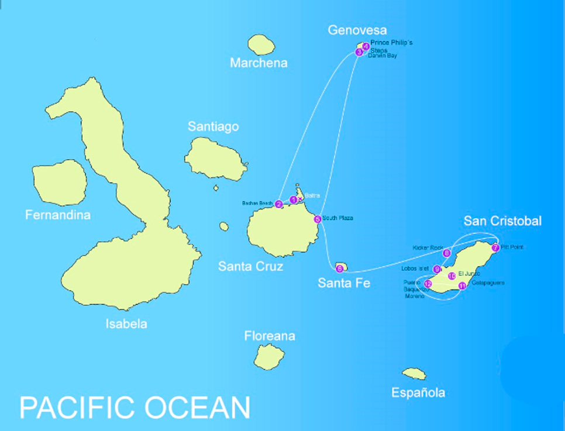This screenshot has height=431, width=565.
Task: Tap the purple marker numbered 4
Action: (x=366, y=46)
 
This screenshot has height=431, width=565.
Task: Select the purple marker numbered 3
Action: (x=359, y=53)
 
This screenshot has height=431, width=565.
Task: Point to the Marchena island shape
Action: (x=261, y=44)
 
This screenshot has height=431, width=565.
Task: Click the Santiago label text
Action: (x=213, y=127)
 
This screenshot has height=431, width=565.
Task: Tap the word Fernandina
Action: (x=58, y=215)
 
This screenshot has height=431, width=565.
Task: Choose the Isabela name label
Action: (x=126, y=323)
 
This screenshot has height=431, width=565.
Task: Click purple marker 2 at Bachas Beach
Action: (x=279, y=204)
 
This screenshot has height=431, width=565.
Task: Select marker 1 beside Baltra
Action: (x=294, y=200)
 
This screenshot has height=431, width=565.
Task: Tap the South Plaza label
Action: (x=337, y=219)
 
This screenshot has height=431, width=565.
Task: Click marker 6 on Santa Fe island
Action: (x=339, y=269)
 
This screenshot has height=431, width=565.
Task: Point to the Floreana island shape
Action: (x=269, y=356)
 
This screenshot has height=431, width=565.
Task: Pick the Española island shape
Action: (x=414, y=373)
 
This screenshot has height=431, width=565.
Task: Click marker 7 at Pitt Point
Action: (x=495, y=247)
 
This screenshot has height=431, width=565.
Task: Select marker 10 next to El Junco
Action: (x=452, y=276)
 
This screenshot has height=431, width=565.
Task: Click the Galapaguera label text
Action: (x=488, y=283)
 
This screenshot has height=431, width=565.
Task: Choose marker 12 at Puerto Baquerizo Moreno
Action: (x=428, y=284)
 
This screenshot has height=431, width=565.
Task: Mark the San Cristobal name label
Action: (x=502, y=221)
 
